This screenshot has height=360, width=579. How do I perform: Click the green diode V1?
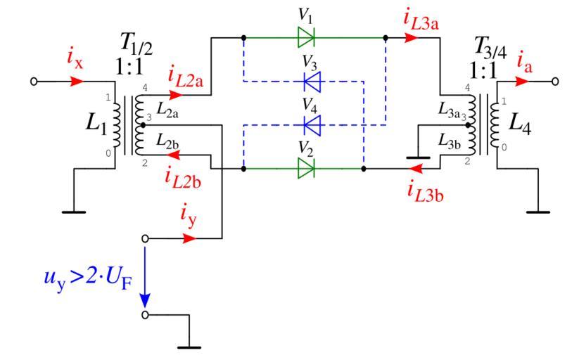point(306,37)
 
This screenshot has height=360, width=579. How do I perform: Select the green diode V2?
point(306,169)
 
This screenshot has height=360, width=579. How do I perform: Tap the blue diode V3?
point(312,82)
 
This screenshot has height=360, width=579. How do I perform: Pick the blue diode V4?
point(312,126)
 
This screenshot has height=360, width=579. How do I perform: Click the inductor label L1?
point(96,125)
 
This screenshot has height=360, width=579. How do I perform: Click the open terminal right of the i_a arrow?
point(556,81)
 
